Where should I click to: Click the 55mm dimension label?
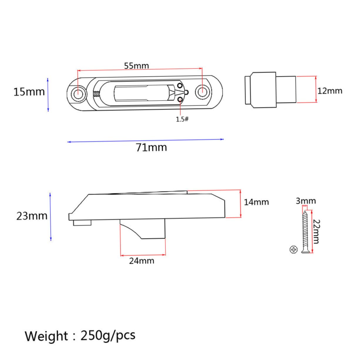[x=136, y=66]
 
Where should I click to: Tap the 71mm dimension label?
[x=151, y=148]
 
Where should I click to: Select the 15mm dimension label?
[x=29, y=92]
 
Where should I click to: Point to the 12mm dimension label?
[x=330, y=91]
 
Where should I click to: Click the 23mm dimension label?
[x=32, y=216]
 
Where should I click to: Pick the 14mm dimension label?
[x=256, y=202]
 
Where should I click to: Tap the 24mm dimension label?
[x=142, y=261]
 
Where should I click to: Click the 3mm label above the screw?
[x=306, y=201]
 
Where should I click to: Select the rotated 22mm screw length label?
[x=316, y=232]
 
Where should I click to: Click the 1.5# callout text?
[x=182, y=119]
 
